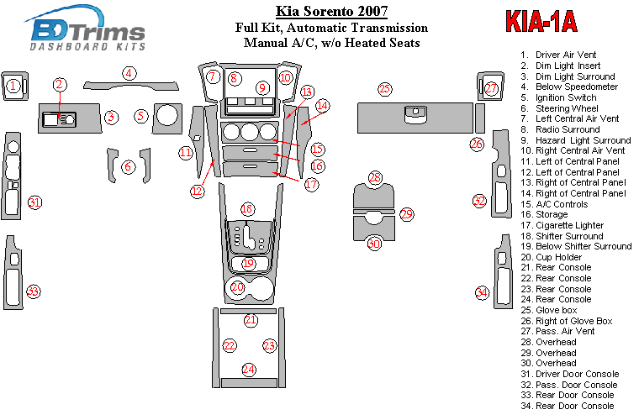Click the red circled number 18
coord(246,208)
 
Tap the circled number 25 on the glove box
coord(384,88)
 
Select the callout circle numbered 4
coord(129,73)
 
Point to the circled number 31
coord(34,202)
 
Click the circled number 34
coord(482,292)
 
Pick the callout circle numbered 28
coord(375,177)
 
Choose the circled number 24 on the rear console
coord(248,369)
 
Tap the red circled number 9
coord(262,87)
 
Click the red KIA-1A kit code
coord(541,21)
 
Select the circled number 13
coord(307,92)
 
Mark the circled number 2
coord(60,84)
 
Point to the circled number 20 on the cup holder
coord(238,288)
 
